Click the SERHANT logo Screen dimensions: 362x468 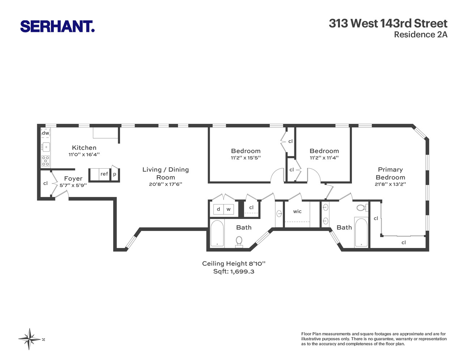click(57, 26)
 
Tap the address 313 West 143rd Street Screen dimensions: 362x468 click(388, 24)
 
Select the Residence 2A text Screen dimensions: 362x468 click(420, 35)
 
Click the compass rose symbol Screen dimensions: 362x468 click(30, 339)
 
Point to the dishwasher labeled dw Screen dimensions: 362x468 click(45, 133)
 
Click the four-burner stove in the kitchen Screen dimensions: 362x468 click(46, 161)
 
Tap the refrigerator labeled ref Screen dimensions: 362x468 click(104, 174)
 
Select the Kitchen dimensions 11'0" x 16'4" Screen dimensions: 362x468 click(84, 155)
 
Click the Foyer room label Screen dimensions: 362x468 click(73, 178)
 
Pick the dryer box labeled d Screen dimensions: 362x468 click(218, 209)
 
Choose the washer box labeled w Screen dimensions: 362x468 click(229, 209)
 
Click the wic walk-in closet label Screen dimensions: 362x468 click(297, 211)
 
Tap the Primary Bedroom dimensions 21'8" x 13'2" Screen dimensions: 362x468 click(390, 184)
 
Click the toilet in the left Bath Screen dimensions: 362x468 click(239, 240)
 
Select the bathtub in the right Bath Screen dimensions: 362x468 click(361, 232)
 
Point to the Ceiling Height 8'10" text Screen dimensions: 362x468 click(234, 264)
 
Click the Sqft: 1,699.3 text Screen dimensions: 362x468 click(234, 271)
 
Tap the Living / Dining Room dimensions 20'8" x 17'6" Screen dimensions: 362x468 click(165, 184)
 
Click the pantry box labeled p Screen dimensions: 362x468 click(115, 174)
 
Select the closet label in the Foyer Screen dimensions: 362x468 click(45, 183)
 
